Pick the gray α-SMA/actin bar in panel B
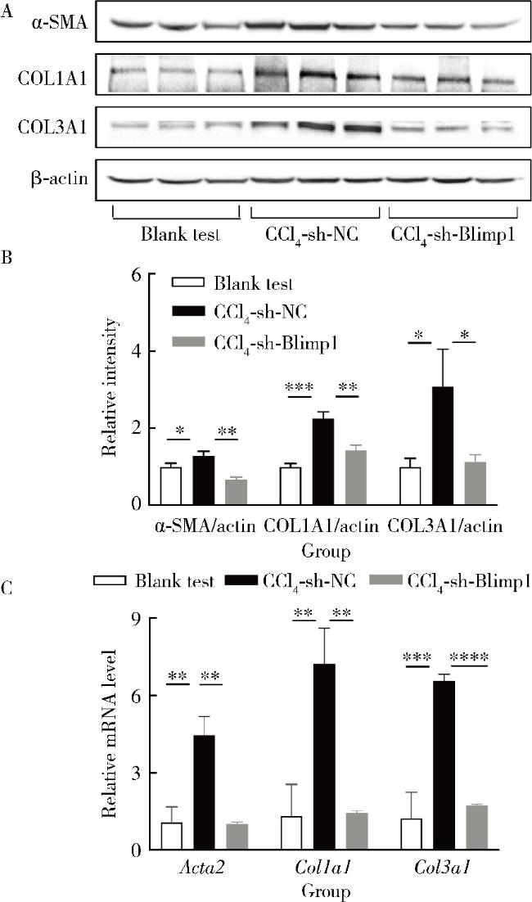236,492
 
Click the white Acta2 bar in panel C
172,837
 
